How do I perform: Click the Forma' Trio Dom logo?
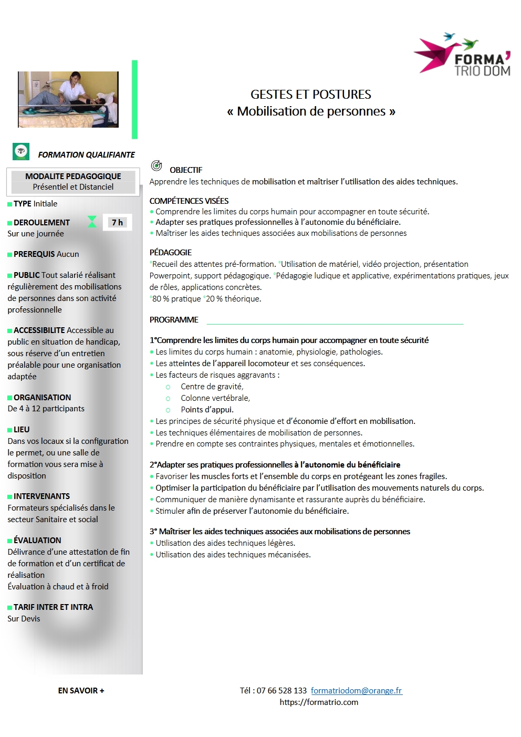(463, 56)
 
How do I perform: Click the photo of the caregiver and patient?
(68, 99)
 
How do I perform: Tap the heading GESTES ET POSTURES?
(310, 95)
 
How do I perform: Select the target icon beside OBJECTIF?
(157, 166)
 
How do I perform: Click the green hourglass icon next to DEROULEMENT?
(92, 222)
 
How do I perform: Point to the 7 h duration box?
(117, 222)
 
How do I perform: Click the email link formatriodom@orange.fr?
(356, 690)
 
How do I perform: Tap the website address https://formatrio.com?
(319, 702)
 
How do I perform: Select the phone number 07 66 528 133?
(282, 690)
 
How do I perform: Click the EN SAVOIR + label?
(81, 690)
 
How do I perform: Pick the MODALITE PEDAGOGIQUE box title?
(73, 176)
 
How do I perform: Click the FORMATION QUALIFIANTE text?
(86, 154)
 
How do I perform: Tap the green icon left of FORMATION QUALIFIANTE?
(21, 151)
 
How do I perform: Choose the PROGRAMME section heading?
(174, 319)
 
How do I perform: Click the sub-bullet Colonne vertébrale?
(215, 398)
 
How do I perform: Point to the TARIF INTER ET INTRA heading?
(53, 607)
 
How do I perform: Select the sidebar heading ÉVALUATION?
(37, 540)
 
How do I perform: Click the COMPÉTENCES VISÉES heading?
(189, 201)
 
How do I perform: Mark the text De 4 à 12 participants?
(46, 408)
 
